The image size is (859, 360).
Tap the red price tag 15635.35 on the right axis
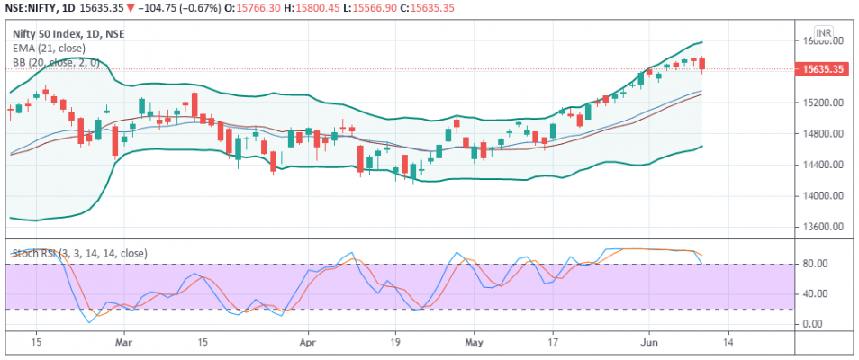point(822,69)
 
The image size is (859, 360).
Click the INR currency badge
point(823,31)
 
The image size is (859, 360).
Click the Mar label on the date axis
point(125,342)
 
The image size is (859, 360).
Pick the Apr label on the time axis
point(309,342)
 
